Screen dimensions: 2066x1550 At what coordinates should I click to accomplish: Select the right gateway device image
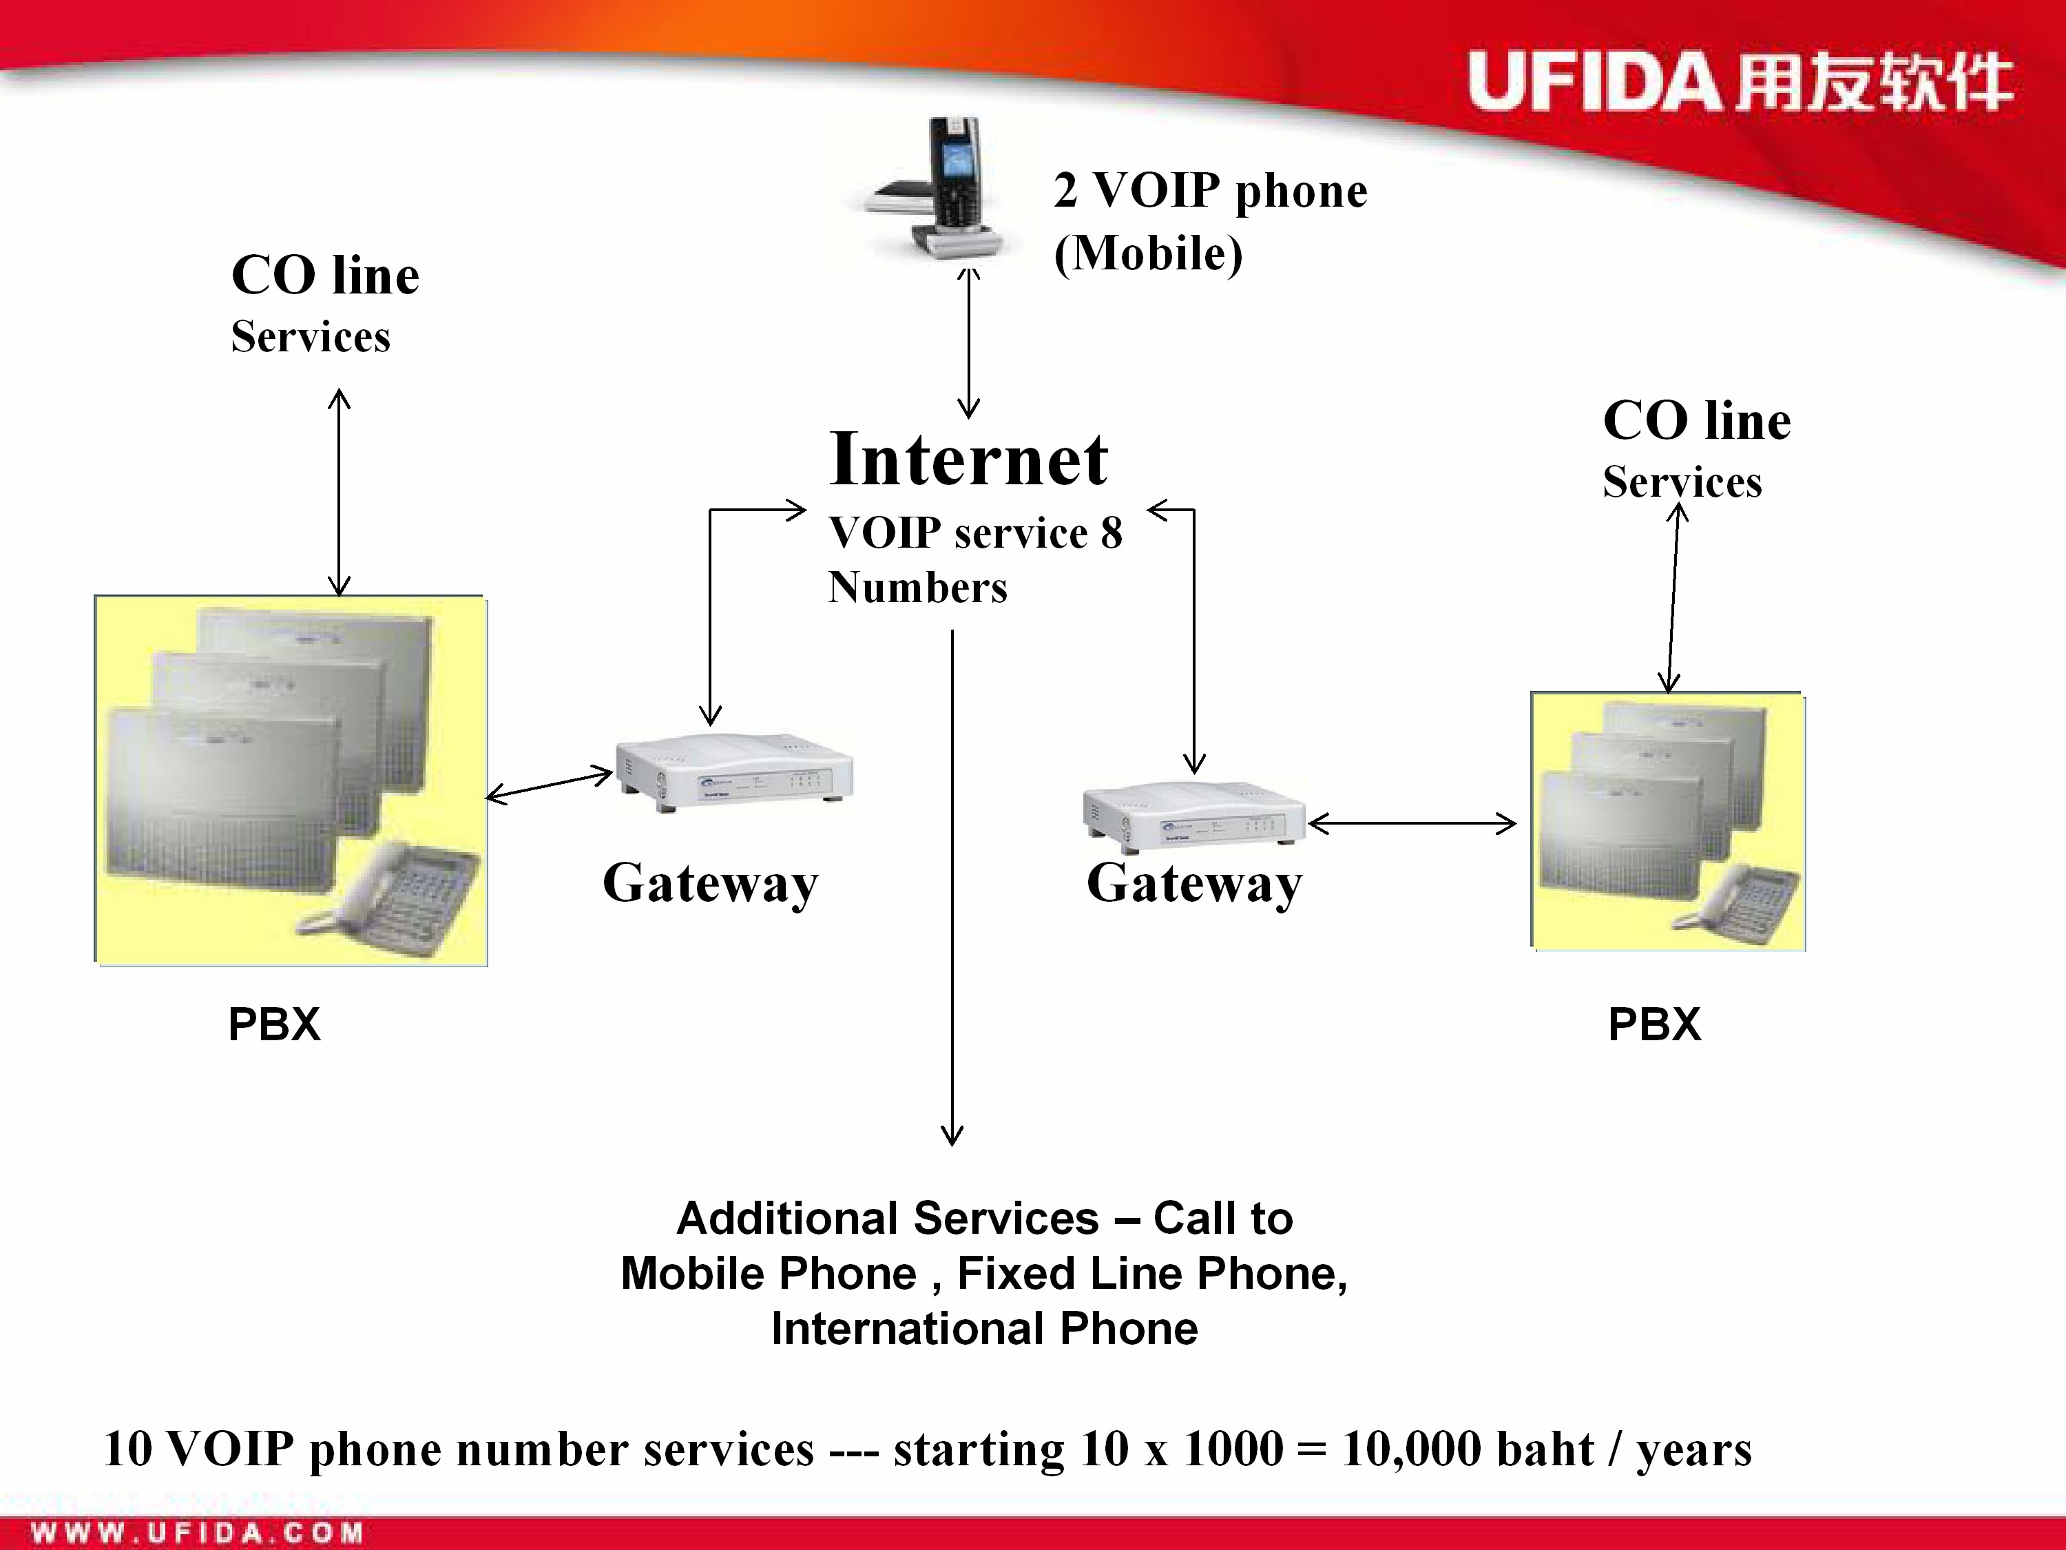1193,816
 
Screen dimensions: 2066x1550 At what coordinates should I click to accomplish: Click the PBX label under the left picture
275,1024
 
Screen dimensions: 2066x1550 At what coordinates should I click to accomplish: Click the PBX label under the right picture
1654,1024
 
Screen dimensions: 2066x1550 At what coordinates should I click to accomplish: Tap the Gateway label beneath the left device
711,883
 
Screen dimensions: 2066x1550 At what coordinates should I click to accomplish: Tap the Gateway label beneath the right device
1195,883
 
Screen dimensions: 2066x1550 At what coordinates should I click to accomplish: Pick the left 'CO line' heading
325,275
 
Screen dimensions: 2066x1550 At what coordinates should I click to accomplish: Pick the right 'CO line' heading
1697,420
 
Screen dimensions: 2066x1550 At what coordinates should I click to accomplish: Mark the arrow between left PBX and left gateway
549,785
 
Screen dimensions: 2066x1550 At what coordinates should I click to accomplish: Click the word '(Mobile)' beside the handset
1148,254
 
